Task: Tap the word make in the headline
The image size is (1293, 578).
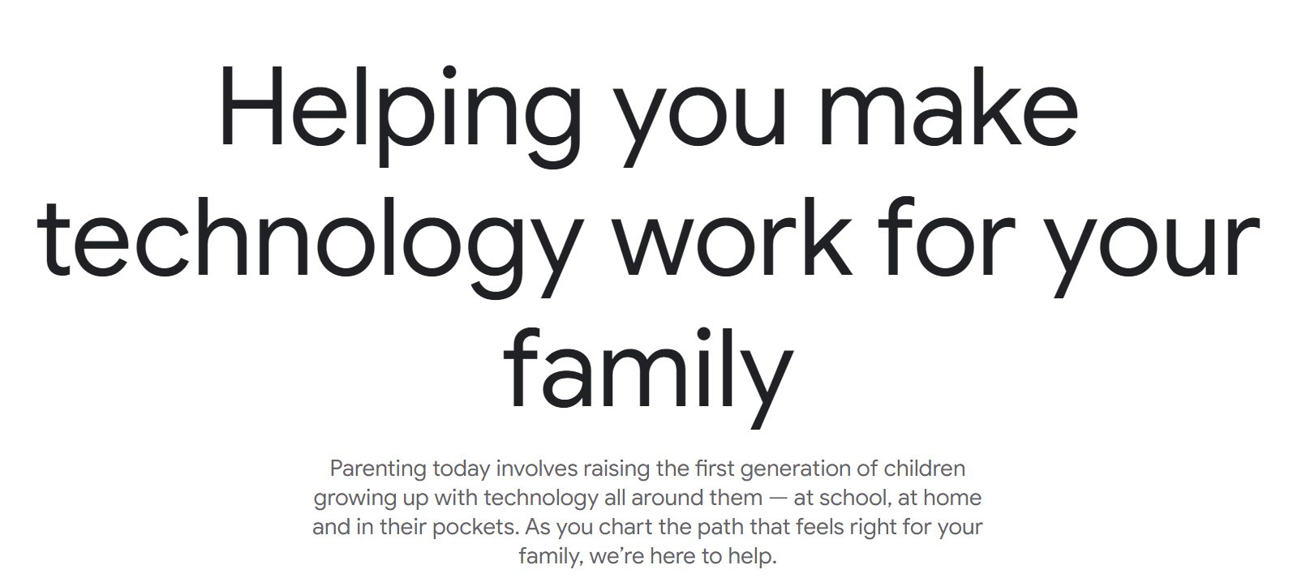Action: click(x=948, y=106)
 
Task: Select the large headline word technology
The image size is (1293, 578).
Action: click(x=310, y=247)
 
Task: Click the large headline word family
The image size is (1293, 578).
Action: click(x=648, y=379)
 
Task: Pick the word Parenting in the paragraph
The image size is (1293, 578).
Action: click(x=378, y=469)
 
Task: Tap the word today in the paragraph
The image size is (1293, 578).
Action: click(x=462, y=469)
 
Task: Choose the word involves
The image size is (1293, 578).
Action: click(x=537, y=468)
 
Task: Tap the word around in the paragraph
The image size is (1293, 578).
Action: click(x=668, y=497)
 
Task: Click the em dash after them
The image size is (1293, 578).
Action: click(x=778, y=499)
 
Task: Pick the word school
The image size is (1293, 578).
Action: click(x=853, y=497)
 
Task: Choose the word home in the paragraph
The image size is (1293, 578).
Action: click(x=952, y=497)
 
